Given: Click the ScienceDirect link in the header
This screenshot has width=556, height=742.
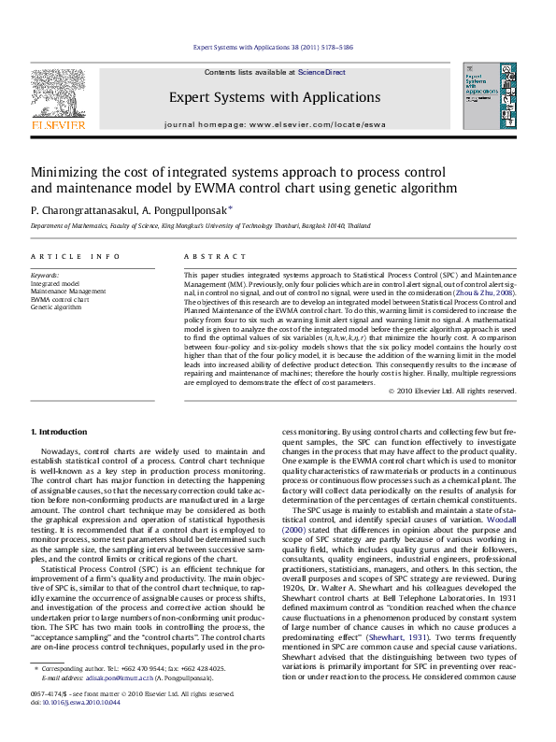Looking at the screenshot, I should (x=321, y=72).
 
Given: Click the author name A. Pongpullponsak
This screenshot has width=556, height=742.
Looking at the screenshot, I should (x=186, y=210).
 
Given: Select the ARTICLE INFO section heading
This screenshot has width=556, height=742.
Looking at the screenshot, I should (x=75, y=256).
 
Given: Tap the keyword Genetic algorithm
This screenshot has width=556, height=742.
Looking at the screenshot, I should (x=56, y=307).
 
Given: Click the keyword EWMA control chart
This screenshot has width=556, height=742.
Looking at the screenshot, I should (x=60, y=299).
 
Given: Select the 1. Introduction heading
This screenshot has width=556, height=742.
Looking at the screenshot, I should (x=60, y=431).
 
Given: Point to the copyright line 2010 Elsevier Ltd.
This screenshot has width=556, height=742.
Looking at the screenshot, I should (x=455, y=390).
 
